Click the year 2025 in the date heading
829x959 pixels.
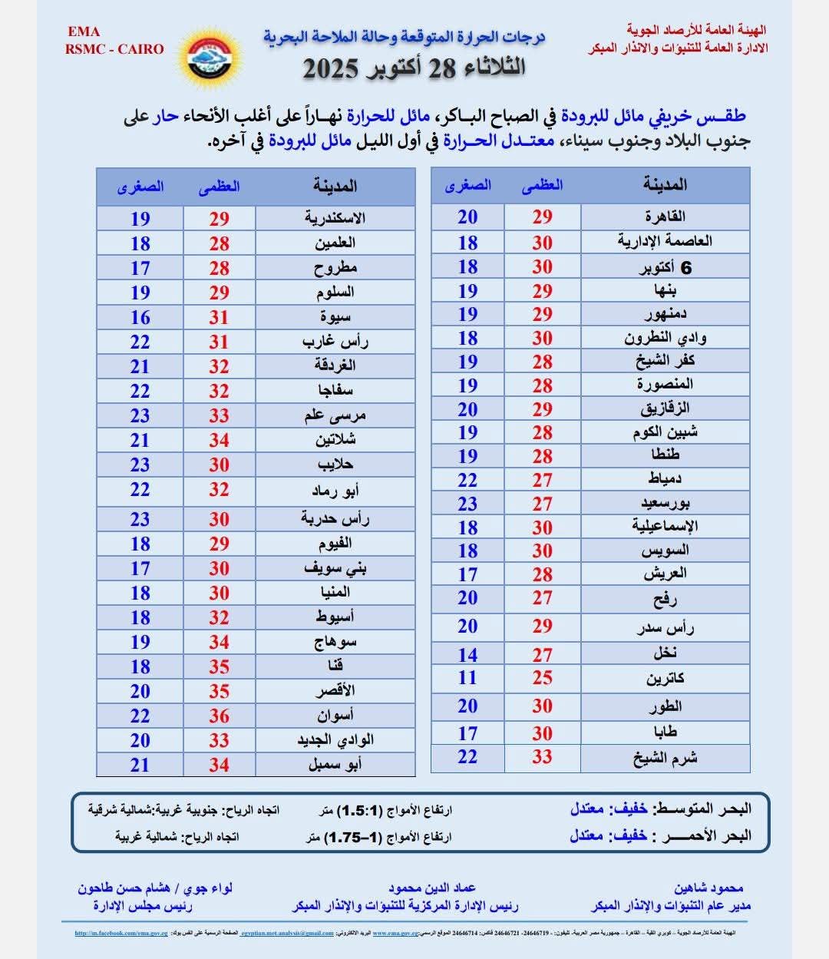coord(331,68)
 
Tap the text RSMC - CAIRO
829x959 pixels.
coord(114,49)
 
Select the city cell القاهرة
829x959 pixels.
coord(665,217)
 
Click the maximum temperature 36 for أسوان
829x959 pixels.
coord(220,716)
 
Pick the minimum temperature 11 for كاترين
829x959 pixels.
coord(467,678)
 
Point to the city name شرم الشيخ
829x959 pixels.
coord(665,758)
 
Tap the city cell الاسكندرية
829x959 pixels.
coord(335,218)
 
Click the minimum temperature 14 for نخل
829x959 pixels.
coord(467,655)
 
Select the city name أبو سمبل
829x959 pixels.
coord(335,765)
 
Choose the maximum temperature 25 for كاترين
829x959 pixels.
coord(543,678)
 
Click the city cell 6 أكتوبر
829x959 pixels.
coord(665,267)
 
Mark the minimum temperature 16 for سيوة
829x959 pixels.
coord(140,317)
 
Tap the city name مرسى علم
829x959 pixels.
coord(335,415)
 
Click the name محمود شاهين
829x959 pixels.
coord(708,888)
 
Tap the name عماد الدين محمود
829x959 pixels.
coord(432,888)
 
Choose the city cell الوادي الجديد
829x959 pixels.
coord(335,740)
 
